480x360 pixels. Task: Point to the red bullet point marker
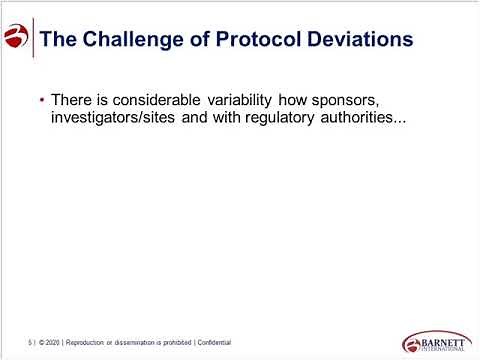point(41,102)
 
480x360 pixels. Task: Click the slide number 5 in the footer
point(30,342)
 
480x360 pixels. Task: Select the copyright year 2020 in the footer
point(57,342)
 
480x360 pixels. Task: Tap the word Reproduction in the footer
point(95,342)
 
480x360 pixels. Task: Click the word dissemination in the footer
point(149,342)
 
